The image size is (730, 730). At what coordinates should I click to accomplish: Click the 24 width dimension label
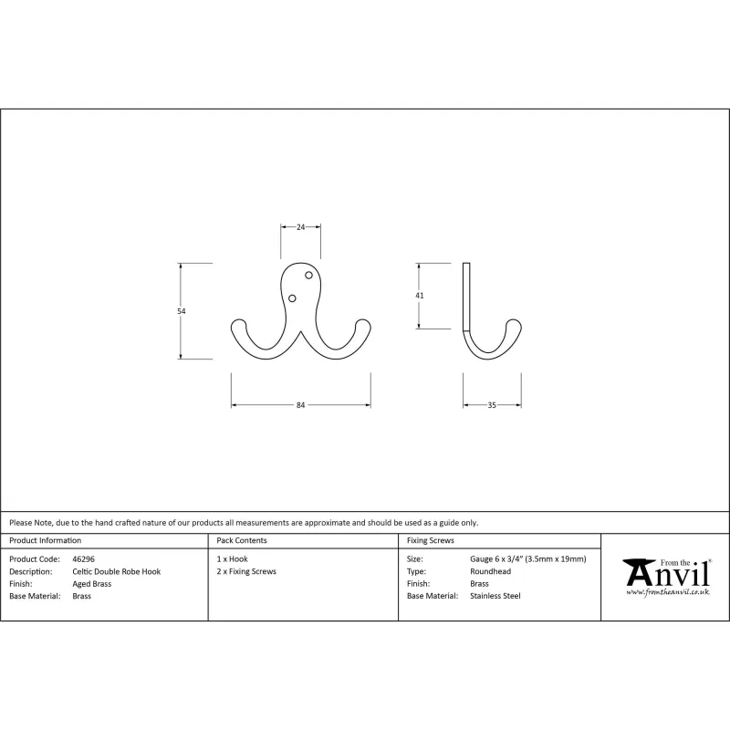[301, 227]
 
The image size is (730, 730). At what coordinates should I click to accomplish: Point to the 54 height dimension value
[182, 311]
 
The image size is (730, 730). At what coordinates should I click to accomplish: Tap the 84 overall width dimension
[301, 405]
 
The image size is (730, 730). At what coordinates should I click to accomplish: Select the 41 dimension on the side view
[420, 296]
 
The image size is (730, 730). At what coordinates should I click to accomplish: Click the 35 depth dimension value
[492, 405]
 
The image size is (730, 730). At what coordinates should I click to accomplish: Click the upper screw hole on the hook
[308, 276]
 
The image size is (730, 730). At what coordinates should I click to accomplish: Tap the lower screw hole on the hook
[292, 298]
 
